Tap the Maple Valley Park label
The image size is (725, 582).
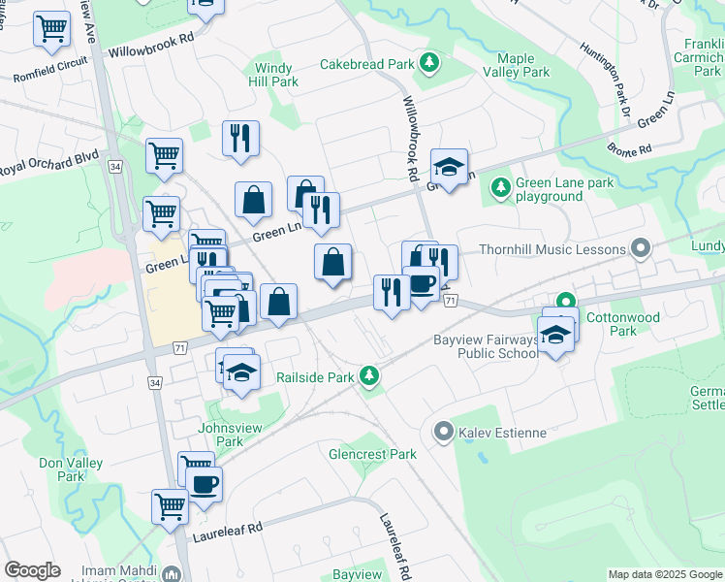tap(522, 65)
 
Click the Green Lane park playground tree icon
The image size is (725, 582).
tap(500, 186)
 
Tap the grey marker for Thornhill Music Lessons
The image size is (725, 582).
tap(640, 249)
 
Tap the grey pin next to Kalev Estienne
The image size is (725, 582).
tap(444, 430)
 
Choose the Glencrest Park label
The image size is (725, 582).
tap(372, 454)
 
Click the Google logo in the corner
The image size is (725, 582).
tap(32, 570)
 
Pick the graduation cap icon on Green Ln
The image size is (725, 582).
tap(449, 168)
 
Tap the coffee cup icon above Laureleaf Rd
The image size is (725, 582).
tap(204, 484)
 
